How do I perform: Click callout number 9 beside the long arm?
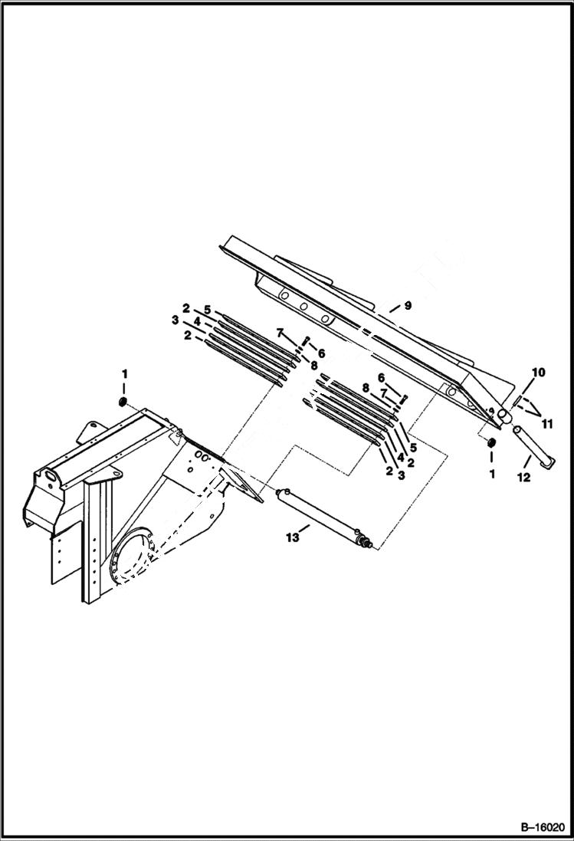point(408,305)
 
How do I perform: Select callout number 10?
point(538,373)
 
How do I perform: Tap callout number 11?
point(546,422)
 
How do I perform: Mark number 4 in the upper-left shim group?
point(196,323)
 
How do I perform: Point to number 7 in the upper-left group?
point(280,333)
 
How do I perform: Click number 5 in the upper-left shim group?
point(207,309)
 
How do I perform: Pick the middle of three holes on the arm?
point(304,307)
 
